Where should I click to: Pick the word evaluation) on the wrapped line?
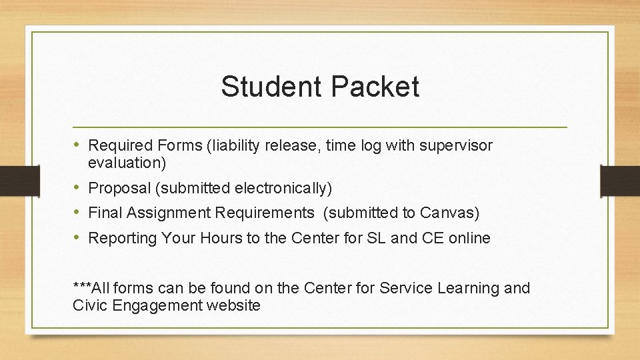point(127,162)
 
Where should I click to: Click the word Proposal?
point(119,189)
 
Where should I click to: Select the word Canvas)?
point(449,213)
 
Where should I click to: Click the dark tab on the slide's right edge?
point(619,181)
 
